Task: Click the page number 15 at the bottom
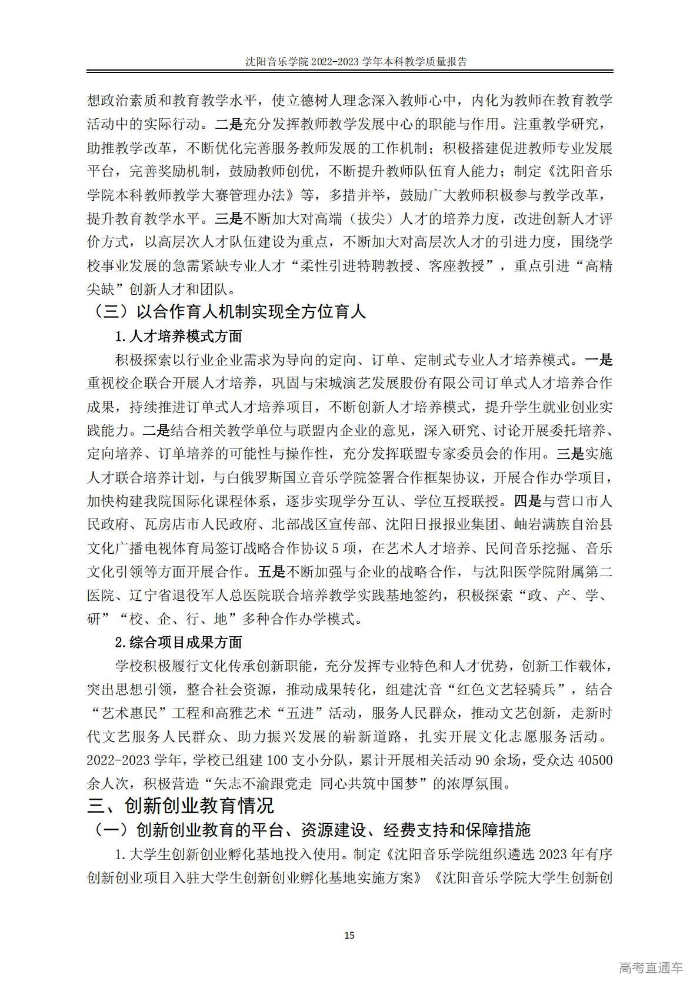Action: (349, 935)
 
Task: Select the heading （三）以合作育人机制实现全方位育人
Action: (229, 311)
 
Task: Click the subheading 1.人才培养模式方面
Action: (178, 337)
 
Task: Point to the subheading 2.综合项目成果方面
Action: (178, 642)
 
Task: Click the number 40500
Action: (595, 760)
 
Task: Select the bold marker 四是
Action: (528, 501)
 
